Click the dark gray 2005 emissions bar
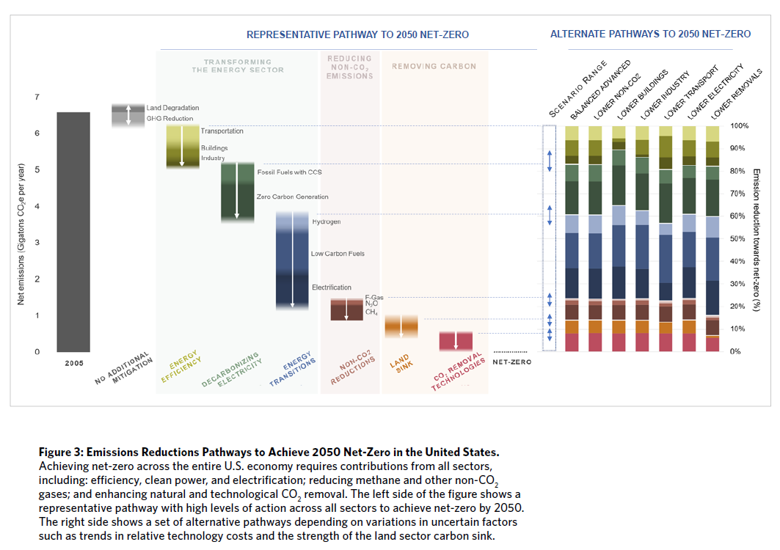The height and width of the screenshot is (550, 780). pyautogui.click(x=73, y=232)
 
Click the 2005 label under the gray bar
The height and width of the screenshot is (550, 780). pyautogui.click(x=73, y=363)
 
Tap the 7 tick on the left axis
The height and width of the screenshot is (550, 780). pyautogui.click(x=37, y=98)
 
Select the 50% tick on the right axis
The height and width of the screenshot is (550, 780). pyautogui.click(x=739, y=239)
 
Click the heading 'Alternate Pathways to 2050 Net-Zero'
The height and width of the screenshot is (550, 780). pyautogui.click(x=650, y=34)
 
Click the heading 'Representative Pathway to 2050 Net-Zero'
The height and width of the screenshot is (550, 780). pyautogui.click(x=357, y=34)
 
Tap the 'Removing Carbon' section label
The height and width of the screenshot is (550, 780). pyautogui.click(x=434, y=67)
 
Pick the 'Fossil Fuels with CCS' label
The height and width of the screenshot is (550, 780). pyautogui.click(x=289, y=172)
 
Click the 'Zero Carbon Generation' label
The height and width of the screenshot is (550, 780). pyautogui.click(x=292, y=197)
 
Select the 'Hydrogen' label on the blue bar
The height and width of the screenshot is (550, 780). pyautogui.click(x=327, y=221)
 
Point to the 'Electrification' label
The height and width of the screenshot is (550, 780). pyautogui.click(x=332, y=287)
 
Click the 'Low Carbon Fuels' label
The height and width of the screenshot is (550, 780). pyautogui.click(x=338, y=254)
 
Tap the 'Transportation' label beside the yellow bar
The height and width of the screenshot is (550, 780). pyautogui.click(x=222, y=131)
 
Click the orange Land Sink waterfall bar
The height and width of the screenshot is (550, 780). pyautogui.click(x=401, y=326)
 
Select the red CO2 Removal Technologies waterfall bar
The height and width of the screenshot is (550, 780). pyautogui.click(x=456, y=341)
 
